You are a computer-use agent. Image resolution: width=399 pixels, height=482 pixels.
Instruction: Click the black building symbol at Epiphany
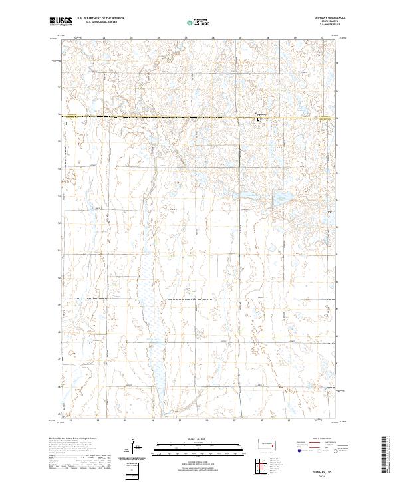pos(258,120)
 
